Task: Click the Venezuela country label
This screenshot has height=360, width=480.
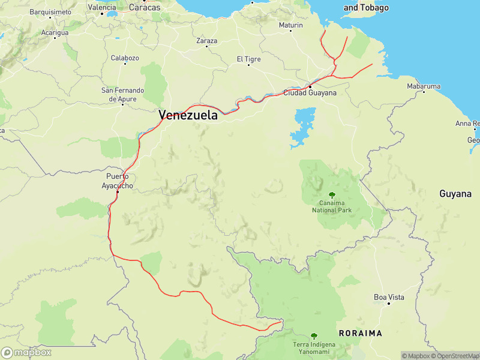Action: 188,115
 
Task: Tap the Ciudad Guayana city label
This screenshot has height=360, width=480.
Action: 310,93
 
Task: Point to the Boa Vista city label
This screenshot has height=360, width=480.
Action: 389,297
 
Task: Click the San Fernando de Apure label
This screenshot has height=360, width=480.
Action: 122,95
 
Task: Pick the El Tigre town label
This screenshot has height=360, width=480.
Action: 248,59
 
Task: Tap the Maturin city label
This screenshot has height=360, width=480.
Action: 291,25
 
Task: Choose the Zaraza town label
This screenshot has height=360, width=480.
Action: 207,41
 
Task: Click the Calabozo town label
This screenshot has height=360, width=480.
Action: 125,58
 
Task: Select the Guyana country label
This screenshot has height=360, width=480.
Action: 455,194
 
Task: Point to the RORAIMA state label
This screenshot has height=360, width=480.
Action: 361,332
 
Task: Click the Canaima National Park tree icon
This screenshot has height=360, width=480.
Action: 332,195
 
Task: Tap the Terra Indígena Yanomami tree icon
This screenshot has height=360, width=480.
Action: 314,336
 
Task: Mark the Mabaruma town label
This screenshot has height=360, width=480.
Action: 424,86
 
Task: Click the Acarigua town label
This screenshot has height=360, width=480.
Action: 56,32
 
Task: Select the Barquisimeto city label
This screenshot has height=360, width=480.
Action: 50,12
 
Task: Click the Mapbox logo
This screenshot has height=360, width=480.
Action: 26,353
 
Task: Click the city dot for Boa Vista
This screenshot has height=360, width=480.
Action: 389,304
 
